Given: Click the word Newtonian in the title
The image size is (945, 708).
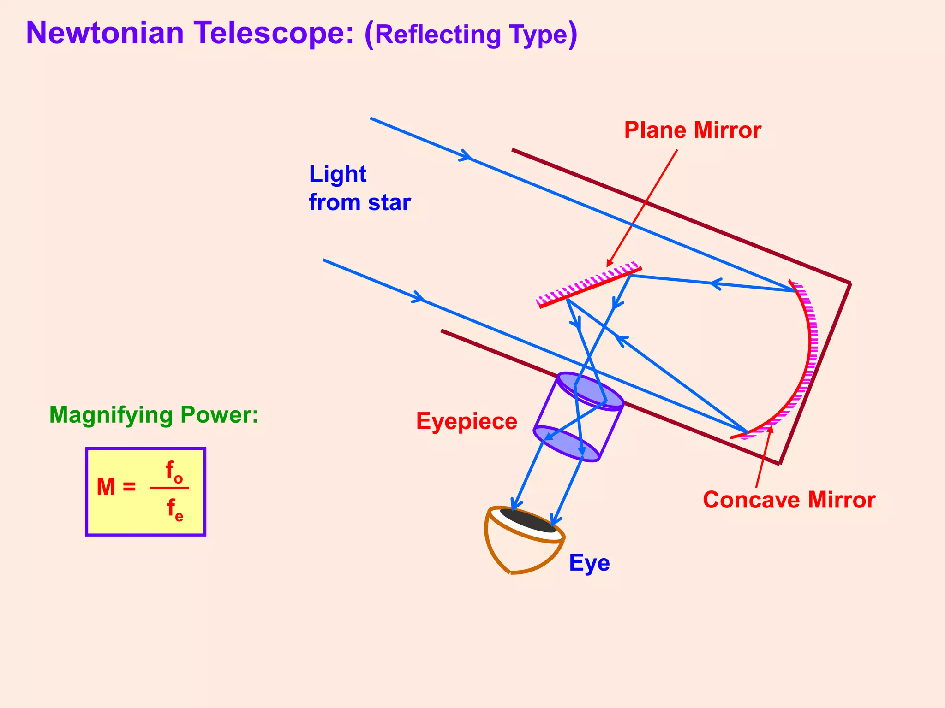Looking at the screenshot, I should pyautogui.click(x=105, y=33).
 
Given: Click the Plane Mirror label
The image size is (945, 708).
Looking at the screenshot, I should pyautogui.click(x=692, y=130).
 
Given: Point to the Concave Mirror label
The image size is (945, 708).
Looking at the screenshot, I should pyautogui.click(x=789, y=500).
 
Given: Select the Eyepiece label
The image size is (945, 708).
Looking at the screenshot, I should pyautogui.click(x=467, y=421).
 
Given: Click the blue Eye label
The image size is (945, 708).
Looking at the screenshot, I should pyautogui.click(x=589, y=563).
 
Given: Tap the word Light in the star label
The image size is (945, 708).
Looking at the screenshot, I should pyautogui.click(x=337, y=174).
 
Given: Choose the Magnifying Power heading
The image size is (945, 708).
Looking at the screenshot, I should pyautogui.click(x=154, y=415).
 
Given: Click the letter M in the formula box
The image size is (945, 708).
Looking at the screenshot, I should pyautogui.click(x=106, y=487).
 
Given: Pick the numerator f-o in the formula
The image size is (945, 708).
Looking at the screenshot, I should pyautogui.click(x=174, y=472).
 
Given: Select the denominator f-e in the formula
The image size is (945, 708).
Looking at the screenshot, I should pyautogui.click(x=175, y=510).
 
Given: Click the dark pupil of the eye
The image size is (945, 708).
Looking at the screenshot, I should pyautogui.click(x=527, y=520).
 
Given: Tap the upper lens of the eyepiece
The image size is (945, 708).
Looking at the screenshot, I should pyautogui.click(x=590, y=390).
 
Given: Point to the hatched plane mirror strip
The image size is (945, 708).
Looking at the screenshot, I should pyautogui.click(x=589, y=284).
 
